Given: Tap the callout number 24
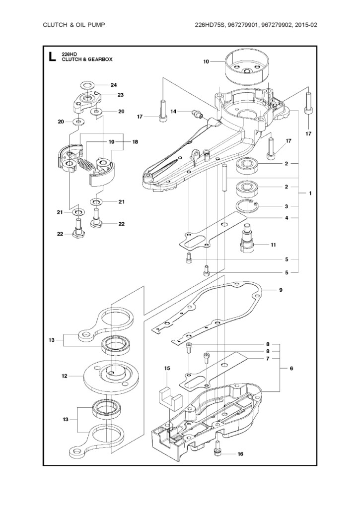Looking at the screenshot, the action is (x=114, y=85).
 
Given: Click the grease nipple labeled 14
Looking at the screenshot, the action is (x=196, y=113).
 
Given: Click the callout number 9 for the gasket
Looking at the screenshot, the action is (x=281, y=290).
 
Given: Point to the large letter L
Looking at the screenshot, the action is (x=51, y=57).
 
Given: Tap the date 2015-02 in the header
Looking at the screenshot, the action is (x=306, y=25).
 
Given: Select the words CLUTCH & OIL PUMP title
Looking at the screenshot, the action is (x=74, y=25).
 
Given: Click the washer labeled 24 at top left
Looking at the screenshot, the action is (x=86, y=86).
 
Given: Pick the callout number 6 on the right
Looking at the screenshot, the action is (x=291, y=369).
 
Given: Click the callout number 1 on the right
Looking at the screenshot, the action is (x=310, y=193).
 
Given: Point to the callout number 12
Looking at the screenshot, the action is (x=65, y=376).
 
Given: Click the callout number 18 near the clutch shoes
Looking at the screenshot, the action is (x=135, y=142).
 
